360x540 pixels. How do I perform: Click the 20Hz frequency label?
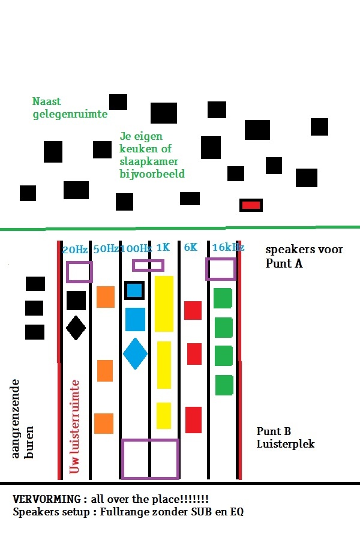click(75, 250)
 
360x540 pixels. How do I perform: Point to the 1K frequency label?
click(163, 247)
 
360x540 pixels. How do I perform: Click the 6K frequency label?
click(190, 247)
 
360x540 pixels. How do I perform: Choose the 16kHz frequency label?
click(228, 247)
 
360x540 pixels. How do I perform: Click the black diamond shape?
click(76, 328)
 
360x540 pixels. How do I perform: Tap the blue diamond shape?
click(135, 353)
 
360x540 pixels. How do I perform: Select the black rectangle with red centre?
click(251, 205)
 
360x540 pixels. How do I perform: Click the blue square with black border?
click(134, 290)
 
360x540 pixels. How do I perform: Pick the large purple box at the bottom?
click(150, 459)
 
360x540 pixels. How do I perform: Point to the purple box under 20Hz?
click(79, 272)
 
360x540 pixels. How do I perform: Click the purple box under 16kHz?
click(220, 269)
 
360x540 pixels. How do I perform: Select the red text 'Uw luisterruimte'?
click(75, 426)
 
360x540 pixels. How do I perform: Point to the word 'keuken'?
click(136, 149)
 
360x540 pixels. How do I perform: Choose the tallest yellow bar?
click(164, 304)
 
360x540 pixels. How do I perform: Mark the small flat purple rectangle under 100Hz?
click(148, 265)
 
